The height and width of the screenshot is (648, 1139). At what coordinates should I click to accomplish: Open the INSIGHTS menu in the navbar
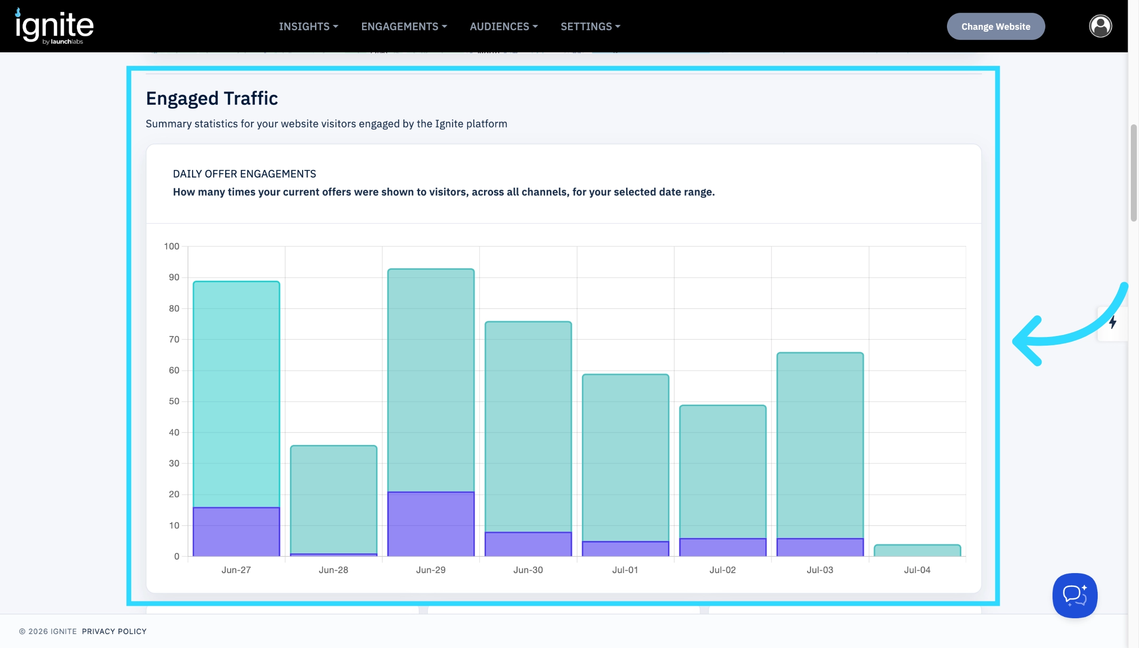point(308,26)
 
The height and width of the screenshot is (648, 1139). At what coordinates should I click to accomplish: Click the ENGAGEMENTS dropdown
point(404,26)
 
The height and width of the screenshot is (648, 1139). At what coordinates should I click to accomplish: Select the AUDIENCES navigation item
point(504,26)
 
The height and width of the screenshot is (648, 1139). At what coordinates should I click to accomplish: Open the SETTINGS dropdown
point(590,26)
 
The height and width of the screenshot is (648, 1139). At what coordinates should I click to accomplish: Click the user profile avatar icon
point(1100,26)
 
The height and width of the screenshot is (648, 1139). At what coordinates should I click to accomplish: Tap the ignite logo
point(54,26)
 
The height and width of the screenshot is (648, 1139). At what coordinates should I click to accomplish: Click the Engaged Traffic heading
point(212,98)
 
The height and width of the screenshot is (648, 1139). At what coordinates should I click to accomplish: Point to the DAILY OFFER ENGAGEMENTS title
point(244,174)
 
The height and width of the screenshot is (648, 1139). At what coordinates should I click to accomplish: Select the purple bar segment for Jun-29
point(431,524)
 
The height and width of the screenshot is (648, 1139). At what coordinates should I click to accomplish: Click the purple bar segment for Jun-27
point(236,532)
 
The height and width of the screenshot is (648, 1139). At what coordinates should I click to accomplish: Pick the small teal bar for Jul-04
point(917,551)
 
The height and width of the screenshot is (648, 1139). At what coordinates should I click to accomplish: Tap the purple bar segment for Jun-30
point(528,544)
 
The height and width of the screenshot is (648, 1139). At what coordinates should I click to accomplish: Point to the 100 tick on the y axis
point(171,246)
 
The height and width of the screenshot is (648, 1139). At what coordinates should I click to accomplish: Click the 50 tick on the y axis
point(174,401)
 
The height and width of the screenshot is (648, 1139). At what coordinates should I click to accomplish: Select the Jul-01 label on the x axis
point(625,570)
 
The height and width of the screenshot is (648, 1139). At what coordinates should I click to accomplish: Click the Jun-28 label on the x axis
point(333,570)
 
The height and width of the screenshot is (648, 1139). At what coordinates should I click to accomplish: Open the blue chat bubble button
point(1075,595)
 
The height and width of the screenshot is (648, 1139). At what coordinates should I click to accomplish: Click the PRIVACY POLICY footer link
point(114,631)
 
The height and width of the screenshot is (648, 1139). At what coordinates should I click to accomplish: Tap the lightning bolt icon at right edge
point(1113,322)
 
